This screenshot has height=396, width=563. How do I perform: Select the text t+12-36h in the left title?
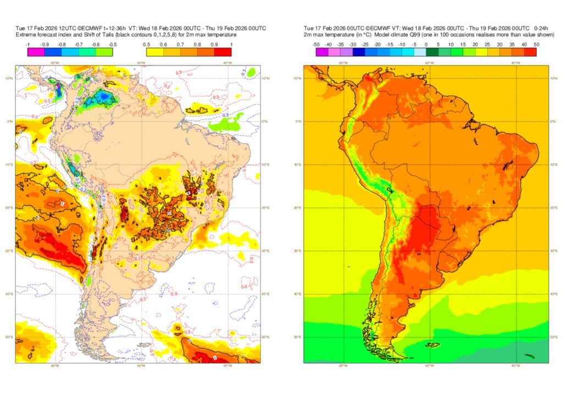click(115, 28)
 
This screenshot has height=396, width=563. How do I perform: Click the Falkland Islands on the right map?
click(433, 345)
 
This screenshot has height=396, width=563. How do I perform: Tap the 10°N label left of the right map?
click(297, 79)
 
